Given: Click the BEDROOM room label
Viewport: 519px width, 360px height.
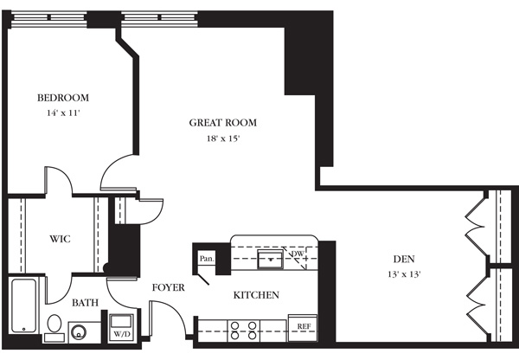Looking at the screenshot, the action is pyautogui.click(x=63, y=98).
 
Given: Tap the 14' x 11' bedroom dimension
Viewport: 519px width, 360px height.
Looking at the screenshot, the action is pyautogui.click(x=63, y=113).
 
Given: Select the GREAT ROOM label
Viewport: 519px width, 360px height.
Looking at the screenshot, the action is pyautogui.click(x=223, y=123).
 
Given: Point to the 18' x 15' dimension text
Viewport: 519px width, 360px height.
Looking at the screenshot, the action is pyautogui.click(x=223, y=138).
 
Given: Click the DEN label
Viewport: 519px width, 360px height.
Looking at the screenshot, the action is pyautogui.click(x=404, y=259).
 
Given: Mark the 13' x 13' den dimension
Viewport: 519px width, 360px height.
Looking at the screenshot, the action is pyautogui.click(x=404, y=274).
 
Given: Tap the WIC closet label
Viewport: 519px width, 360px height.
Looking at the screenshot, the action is pyautogui.click(x=60, y=239).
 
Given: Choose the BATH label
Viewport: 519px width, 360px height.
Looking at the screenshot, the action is pyautogui.click(x=85, y=302).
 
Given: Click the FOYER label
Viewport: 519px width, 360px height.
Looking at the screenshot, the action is pyautogui.click(x=168, y=287).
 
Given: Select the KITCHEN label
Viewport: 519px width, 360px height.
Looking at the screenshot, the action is pyautogui.click(x=256, y=295).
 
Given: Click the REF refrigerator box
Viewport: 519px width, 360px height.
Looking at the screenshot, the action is pyautogui.click(x=303, y=327).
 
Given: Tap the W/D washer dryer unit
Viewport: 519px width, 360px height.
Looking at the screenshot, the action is pyautogui.click(x=121, y=327).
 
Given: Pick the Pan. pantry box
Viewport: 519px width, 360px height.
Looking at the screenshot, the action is pyautogui.click(x=207, y=259).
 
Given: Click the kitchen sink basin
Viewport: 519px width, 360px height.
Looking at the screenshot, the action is pyautogui.click(x=271, y=260).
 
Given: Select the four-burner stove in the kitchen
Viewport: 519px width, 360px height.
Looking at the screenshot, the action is pyautogui.click(x=244, y=331).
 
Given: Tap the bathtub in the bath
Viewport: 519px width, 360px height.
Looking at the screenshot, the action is pyautogui.click(x=24, y=305).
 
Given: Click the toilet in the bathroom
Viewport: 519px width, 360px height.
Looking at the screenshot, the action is pyautogui.click(x=54, y=328).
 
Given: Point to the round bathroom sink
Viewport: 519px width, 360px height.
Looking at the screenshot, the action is pyautogui.click(x=79, y=331).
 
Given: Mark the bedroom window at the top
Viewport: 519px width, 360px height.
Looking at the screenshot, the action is pyautogui.click(x=49, y=19).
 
